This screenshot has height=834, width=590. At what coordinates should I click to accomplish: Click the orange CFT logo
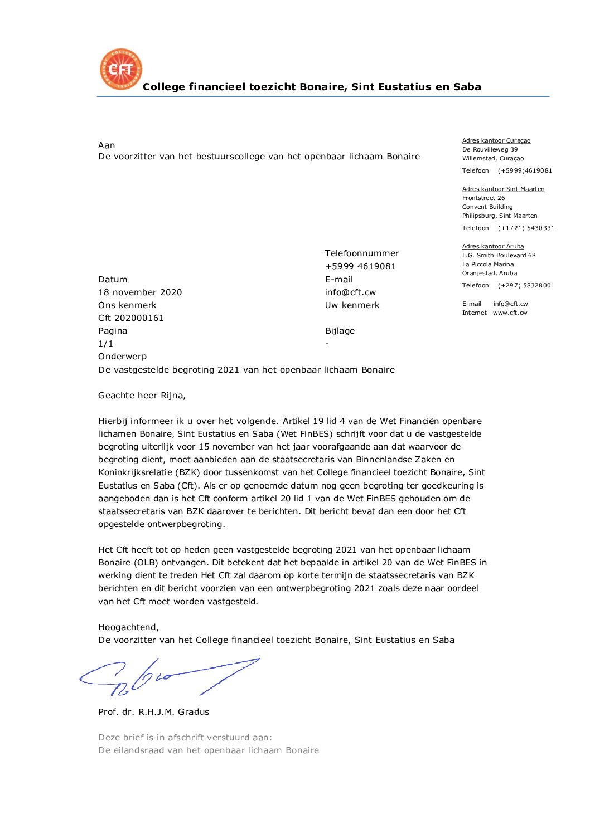click(121, 69)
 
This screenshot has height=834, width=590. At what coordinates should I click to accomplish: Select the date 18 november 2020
click(140, 292)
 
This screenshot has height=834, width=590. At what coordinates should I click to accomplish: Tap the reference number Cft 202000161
click(131, 318)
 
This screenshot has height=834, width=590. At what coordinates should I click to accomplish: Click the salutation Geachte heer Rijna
click(142, 396)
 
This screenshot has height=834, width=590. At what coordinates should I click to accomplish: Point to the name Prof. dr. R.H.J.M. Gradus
click(153, 712)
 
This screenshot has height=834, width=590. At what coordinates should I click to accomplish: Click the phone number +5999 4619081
click(360, 266)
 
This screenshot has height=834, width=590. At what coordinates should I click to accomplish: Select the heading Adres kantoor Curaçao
click(496, 141)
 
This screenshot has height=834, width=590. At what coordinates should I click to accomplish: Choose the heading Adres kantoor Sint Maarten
click(503, 189)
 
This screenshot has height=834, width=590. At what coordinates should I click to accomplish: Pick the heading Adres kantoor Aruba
click(492, 247)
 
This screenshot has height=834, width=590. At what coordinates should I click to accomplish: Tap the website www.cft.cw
click(510, 313)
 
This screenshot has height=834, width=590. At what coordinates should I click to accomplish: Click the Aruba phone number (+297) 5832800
click(524, 286)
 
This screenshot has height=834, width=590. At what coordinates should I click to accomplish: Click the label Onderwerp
click(122, 357)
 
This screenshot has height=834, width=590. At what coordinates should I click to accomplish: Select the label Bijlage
click(340, 331)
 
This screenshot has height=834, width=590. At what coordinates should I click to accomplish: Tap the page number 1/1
click(105, 344)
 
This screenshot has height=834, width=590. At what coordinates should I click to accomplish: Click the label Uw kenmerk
click(352, 305)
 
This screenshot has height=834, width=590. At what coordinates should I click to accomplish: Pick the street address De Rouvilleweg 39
click(490, 150)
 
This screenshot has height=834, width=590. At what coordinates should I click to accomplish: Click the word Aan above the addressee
click(107, 145)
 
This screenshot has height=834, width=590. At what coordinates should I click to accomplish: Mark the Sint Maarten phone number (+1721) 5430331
click(525, 228)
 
